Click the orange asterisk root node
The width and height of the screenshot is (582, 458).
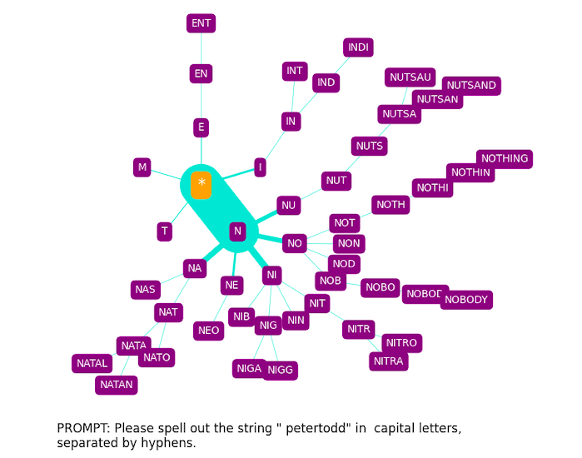click(x=201, y=183)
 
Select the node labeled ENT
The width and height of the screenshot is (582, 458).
click(x=201, y=23)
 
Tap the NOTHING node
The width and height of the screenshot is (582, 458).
click(x=505, y=158)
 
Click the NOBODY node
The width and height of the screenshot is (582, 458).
click(x=466, y=300)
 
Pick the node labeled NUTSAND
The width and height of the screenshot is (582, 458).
click(x=471, y=85)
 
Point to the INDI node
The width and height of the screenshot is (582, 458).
click(x=358, y=47)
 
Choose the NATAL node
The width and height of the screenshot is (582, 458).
click(x=92, y=363)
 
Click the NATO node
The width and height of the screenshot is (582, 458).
click(x=157, y=357)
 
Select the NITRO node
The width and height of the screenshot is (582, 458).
click(x=401, y=343)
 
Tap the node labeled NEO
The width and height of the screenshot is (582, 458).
click(x=209, y=331)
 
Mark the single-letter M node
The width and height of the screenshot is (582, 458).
click(x=142, y=167)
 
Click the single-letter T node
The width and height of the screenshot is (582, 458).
click(x=165, y=231)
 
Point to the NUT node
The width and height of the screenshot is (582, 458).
click(x=336, y=181)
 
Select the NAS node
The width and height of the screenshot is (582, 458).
click(x=145, y=290)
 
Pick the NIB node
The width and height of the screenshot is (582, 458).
click(x=241, y=316)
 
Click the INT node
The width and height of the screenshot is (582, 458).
click(x=295, y=71)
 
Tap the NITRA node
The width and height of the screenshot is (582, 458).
click(x=388, y=361)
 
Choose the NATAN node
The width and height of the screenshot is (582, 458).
click(x=117, y=385)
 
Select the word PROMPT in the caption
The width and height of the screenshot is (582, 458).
click(x=83, y=428)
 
